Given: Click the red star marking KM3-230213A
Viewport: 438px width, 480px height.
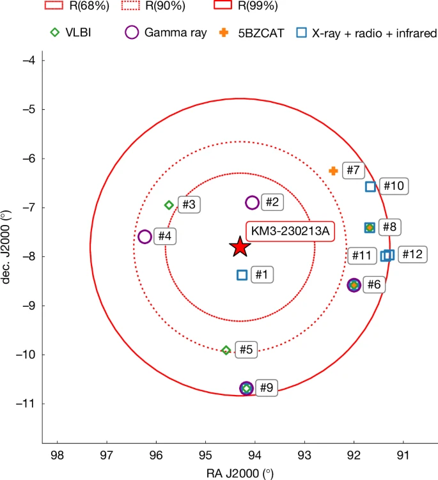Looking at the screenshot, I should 240,246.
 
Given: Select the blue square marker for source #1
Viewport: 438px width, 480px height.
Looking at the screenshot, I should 242,275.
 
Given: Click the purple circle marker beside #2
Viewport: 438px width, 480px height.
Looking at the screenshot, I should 252,203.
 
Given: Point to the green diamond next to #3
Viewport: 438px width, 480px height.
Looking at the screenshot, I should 169,205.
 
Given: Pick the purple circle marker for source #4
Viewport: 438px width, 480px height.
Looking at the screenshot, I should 145,236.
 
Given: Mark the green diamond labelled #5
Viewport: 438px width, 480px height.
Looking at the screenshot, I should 226,350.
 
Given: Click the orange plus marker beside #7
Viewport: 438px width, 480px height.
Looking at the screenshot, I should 333,171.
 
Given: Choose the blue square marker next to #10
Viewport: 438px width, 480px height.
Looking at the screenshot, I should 370,187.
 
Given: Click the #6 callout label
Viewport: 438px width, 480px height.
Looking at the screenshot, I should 373,284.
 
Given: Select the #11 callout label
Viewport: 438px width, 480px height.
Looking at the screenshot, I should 362,256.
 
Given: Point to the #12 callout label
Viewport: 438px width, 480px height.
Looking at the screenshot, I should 412,254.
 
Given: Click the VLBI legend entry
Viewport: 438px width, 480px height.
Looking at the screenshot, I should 70,32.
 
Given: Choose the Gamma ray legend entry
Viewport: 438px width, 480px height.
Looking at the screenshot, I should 168,32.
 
